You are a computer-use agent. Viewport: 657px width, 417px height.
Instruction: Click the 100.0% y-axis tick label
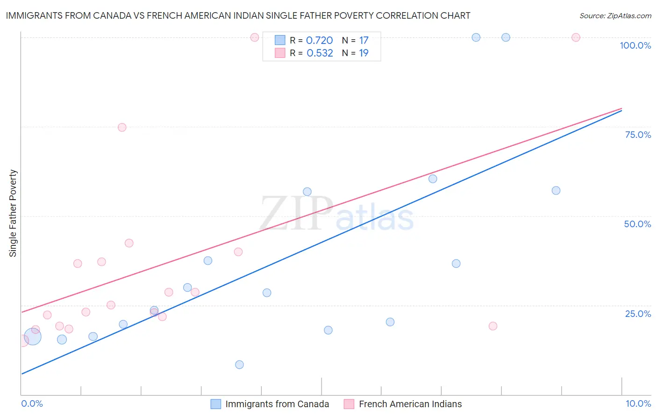click(635, 45)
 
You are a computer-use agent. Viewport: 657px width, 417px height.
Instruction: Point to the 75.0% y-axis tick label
click(637, 135)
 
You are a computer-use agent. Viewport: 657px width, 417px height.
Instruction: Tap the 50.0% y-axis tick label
click(637, 224)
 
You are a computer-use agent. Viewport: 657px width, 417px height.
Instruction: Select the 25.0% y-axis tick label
click(637, 314)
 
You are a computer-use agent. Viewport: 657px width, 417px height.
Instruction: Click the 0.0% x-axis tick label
click(32, 403)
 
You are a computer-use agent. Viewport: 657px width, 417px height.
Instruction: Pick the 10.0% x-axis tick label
click(638, 403)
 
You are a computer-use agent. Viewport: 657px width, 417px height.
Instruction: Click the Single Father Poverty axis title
click(13, 213)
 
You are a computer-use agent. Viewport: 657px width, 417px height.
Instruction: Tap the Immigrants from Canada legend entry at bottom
click(277, 404)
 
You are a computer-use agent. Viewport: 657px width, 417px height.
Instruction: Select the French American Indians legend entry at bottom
click(410, 404)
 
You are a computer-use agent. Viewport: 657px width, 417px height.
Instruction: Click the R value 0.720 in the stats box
click(319, 41)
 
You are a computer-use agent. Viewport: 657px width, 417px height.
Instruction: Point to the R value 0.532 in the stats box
click(320, 53)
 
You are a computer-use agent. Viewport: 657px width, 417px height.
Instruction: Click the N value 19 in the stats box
click(364, 53)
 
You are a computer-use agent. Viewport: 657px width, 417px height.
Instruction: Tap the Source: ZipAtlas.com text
click(615, 16)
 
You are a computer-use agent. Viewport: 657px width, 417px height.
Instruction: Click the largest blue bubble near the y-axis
click(32, 337)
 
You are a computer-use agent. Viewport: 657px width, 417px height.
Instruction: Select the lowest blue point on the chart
click(239, 365)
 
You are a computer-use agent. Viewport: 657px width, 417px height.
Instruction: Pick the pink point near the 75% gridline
click(122, 128)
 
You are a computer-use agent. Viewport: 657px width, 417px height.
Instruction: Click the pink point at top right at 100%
click(576, 37)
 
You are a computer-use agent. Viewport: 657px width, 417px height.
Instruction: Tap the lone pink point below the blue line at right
click(493, 326)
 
